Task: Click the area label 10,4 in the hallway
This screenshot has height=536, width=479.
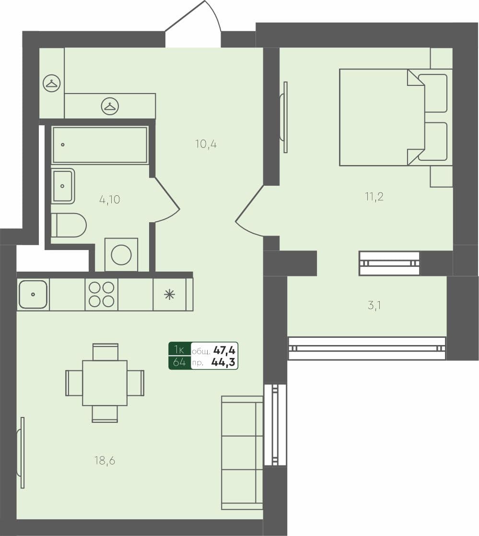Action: (206, 143)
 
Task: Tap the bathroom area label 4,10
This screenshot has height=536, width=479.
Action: (110, 200)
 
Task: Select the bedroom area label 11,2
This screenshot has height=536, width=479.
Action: (374, 196)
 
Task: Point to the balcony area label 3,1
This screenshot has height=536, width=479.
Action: (374, 305)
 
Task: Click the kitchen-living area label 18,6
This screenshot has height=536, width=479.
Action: (105, 461)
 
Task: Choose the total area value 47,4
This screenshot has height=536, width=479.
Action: (225, 350)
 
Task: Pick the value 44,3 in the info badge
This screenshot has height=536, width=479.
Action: (223, 362)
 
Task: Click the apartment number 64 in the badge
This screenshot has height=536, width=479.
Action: (179, 362)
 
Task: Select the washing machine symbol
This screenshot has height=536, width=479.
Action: (121, 254)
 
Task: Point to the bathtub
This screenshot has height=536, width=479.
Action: (100, 145)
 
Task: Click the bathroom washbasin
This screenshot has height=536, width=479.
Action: (63, 186)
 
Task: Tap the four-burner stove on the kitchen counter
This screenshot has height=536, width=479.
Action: (102, 294)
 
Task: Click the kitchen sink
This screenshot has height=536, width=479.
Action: (33, 294)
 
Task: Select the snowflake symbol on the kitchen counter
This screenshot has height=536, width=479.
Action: (169, 294)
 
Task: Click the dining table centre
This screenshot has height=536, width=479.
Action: (105, 382)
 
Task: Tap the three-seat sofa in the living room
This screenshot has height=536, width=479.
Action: (242, 452)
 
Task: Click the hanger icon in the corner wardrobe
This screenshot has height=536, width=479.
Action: (52, 83)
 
